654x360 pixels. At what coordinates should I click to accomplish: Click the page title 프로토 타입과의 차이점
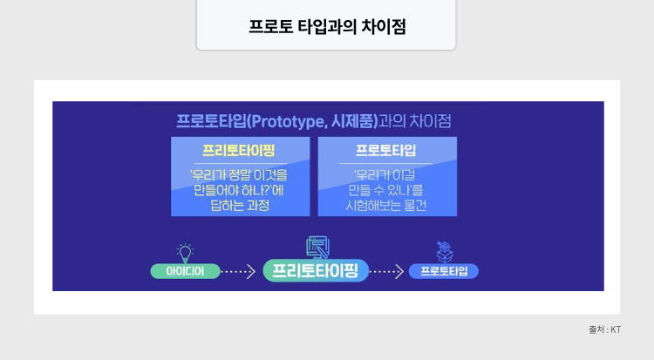coord(326,26)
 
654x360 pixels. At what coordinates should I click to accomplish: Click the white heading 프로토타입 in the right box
coord(385,148)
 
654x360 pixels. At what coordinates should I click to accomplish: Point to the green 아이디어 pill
coord(185,270)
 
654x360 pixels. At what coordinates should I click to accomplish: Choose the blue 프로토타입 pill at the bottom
coord(443,271)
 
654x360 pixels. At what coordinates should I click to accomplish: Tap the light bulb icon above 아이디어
coord(185,252)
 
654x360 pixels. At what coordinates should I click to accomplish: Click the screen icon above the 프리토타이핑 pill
coord(316,247)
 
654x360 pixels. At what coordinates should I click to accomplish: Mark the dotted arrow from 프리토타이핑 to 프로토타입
coord(389,271)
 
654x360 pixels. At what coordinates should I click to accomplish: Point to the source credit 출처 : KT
coord(604,329)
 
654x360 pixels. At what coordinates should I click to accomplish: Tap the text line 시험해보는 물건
coord(385,206)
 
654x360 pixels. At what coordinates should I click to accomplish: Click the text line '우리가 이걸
coord(385,173)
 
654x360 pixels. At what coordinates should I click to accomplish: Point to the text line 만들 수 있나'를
coord(385,189)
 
